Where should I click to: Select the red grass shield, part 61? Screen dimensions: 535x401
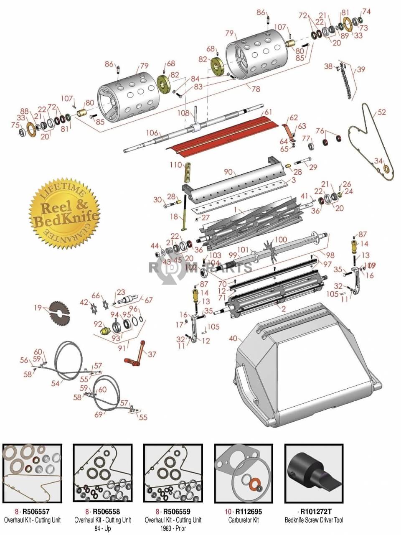point(226,132)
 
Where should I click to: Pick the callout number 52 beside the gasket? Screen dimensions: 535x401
point(381,112)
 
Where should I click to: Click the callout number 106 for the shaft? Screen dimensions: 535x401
point(152,133)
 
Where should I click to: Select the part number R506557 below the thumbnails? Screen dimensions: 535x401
point(36,512)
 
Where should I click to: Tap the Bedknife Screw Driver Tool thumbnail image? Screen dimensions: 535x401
point(314,473)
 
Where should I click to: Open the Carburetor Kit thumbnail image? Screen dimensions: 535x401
point(244,473)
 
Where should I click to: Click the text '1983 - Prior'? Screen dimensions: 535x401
point(173,528)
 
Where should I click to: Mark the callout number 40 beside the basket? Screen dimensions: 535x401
point(233,339)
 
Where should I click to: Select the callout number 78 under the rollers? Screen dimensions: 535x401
point(255,89)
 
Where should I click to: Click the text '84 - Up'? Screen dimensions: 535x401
point(102,528)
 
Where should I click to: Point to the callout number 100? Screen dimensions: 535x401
point(281,239)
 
